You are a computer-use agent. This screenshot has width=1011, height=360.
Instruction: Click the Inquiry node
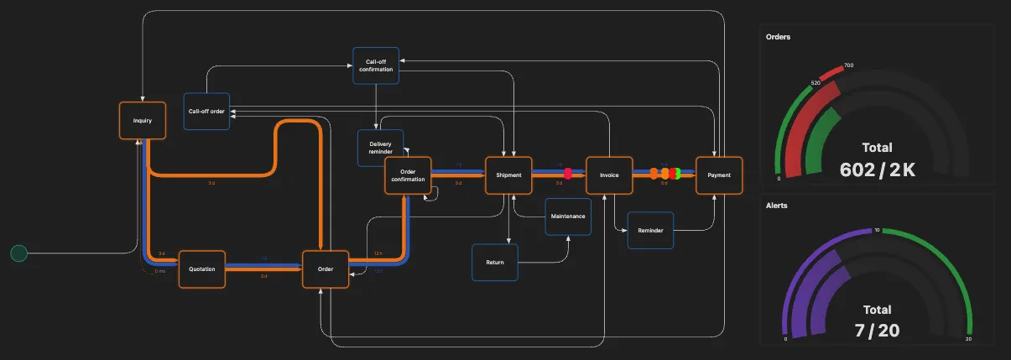[x=142, y=121]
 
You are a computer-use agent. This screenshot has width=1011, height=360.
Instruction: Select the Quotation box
[x=202, y=269]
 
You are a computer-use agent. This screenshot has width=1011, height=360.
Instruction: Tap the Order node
[x=326, y=269]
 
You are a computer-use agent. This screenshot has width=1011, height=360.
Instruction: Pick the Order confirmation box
[x=408, y=175]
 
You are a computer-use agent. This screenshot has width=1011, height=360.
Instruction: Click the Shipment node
[x=508, y=175]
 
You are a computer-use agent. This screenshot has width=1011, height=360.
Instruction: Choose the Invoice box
[x=608, y=175]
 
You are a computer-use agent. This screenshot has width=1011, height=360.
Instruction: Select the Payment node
[x=719, y=175]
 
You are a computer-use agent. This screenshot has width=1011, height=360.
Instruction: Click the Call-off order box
[x=206, y=112]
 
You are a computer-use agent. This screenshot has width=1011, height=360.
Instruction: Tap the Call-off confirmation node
[x=375, y=65]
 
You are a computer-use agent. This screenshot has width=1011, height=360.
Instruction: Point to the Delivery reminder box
[x=380, y=148]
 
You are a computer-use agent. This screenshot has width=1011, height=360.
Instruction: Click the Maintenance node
[x=568, y=217]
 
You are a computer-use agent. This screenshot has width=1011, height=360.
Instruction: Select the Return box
[x=495, y=263]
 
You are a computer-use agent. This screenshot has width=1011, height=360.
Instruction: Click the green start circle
[x=18, y=253]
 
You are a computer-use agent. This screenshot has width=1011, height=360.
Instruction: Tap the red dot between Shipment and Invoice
[x=568, y=174]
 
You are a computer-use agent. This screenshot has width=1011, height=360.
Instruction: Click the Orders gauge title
[x=778, y=37]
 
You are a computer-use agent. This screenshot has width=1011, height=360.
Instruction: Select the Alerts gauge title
[x=777, y=205]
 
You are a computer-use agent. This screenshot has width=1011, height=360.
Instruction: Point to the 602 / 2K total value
[x=877, y=170]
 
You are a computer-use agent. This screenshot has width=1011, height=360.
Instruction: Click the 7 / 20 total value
[x=877, y=331]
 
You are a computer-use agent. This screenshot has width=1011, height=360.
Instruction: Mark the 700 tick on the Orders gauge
[x=848, y=65]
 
